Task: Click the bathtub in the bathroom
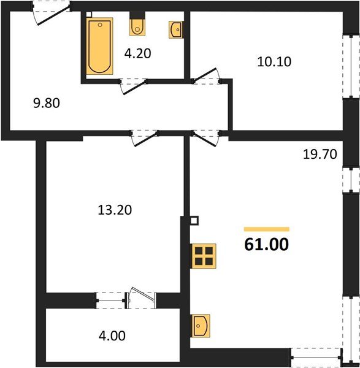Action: (99, 47)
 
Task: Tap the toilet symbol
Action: (137, 26)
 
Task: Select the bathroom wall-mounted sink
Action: (175, 28)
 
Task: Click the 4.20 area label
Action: (137, 53)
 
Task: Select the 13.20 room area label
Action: (115, 210)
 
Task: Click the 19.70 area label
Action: (321, 155)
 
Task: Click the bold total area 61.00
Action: (266, 245)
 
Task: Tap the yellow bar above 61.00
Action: (266, 229)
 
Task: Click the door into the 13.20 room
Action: (144, 137)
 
